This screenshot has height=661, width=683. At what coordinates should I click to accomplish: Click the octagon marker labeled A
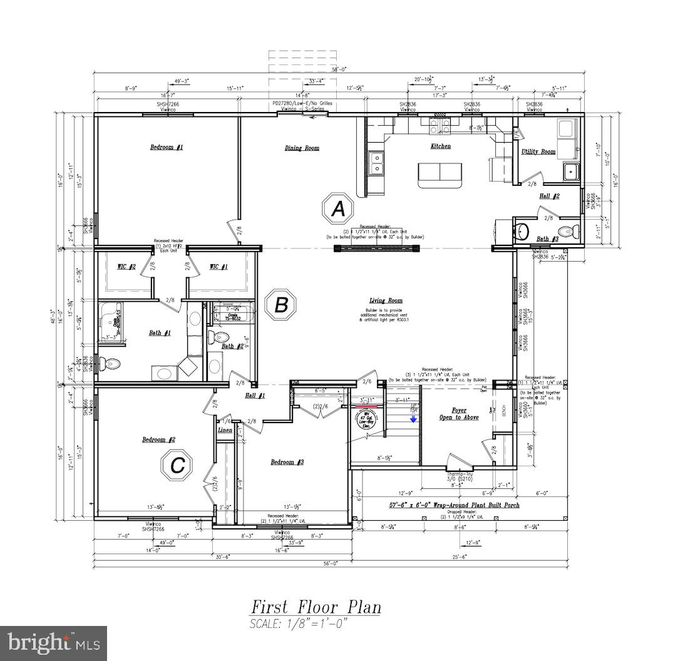[x=338, y=209]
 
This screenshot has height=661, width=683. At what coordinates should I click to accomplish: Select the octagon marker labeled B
[x=281, y=305]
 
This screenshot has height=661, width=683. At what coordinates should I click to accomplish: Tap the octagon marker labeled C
[x=177, y=465]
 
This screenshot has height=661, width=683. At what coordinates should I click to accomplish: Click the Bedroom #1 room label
[x=167, y=147]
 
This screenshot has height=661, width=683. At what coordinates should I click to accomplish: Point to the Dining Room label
[x=302, y=148]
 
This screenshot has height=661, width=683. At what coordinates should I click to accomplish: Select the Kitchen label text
[x=440, y=146]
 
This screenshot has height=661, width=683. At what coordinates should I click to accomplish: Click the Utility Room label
[x=538, y=151]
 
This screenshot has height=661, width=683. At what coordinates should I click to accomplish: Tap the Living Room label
[x=386, y=300]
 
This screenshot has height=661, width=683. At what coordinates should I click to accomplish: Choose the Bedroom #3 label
[x=287, y=462]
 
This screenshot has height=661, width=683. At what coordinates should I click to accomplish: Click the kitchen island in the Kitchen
[x=440, y=174]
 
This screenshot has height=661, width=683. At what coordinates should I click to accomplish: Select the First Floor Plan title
[x=316, y=607]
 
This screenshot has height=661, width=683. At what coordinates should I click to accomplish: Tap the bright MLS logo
[x=53, y=643]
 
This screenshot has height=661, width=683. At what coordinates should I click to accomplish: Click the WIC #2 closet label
[x=127, y=267]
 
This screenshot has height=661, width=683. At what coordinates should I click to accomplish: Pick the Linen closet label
[x=225, y=430]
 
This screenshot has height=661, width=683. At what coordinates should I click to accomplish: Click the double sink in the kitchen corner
[x=376, y=163]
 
